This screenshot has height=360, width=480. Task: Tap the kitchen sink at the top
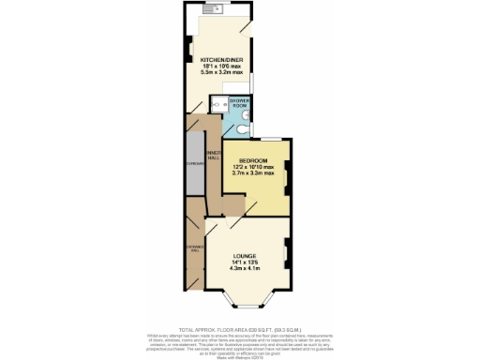tap(209, 12)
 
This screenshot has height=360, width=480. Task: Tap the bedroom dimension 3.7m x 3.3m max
tap(254, 173)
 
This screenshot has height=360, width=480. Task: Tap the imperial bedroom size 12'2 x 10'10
tap(254, 166)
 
